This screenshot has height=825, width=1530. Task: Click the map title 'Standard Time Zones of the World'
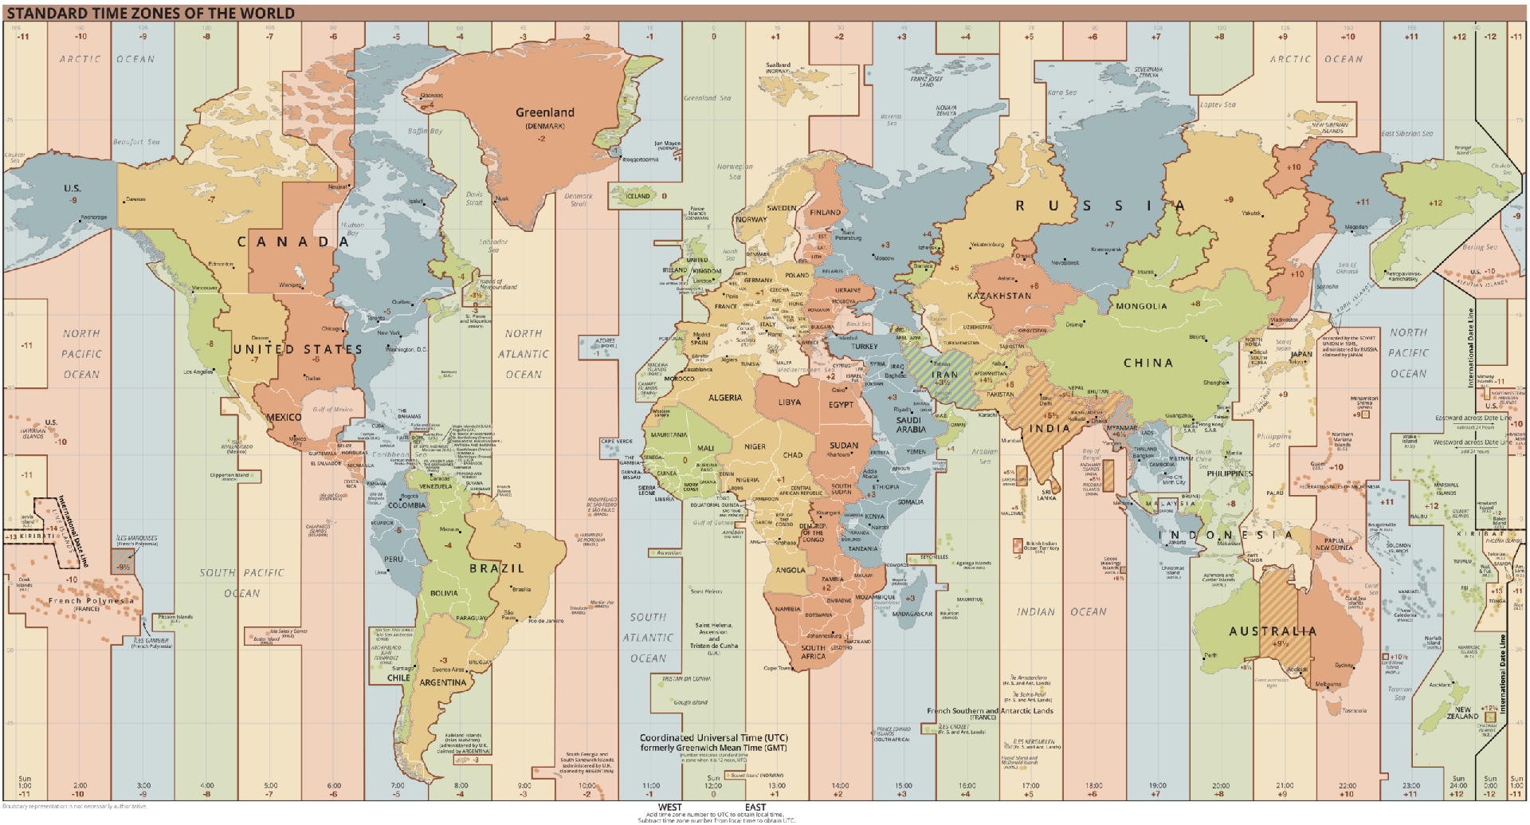tap(151, 14)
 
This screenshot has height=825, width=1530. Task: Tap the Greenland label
tap(544, 113)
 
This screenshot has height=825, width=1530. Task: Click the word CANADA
tap(293, 242)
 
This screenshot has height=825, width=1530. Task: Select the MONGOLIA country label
tap(1141, 306)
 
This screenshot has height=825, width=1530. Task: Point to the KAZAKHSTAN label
tap(999, 296)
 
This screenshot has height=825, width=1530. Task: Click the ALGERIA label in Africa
tap(724, 398)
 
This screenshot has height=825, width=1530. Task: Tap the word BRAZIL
tap(496, 568)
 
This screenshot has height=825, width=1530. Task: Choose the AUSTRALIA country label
tap(1272, 631)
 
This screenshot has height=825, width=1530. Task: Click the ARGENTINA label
tap(443, 683)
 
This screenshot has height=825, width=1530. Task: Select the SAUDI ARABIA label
tap(911, 425)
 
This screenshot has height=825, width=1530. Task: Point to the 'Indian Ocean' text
tap(1061, 612)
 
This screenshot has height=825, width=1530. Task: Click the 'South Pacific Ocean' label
tap(241, 583)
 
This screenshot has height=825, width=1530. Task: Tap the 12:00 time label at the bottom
tap(713, 786)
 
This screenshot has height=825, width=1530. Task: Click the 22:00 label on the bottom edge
tap(1348, 786)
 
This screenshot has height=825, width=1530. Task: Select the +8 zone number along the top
tap(1219, 37)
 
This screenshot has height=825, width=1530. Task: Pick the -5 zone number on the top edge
tap(396, 37)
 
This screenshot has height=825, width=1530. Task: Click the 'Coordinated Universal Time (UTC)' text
tap(713, 738)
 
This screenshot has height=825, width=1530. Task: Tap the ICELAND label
tap(637, 196)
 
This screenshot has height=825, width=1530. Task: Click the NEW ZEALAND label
tap(1463, 713)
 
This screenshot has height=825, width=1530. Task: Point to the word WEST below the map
tap(669, 807)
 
